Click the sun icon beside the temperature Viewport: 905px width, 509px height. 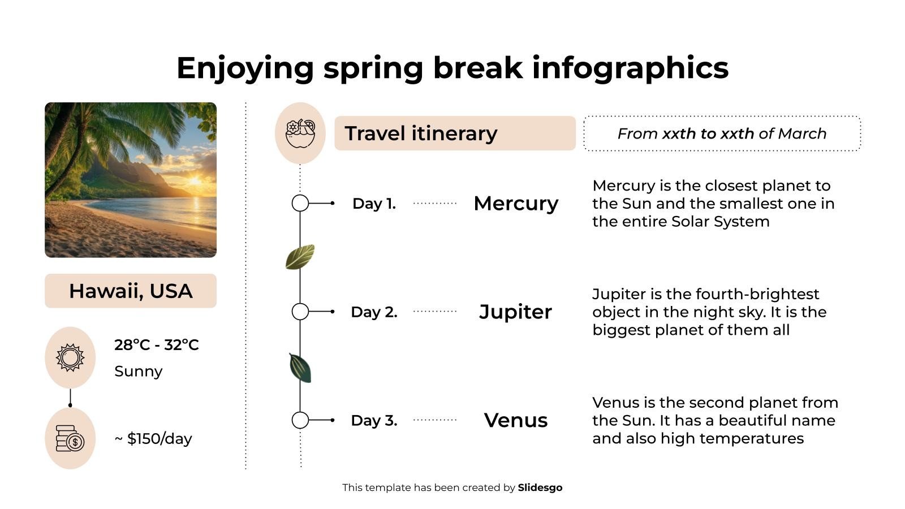click(70, 357)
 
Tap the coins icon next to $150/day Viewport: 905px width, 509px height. click(70, 438)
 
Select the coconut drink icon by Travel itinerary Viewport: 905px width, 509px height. click(300, 133)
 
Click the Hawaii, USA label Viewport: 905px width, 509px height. click(131, 291)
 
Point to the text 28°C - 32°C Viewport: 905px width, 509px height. click(157, 344)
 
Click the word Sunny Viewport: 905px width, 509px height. click(138, 371)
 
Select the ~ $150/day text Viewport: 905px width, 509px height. click(153, 438)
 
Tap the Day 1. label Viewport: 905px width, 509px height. click(374, 203)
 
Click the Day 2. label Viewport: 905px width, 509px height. click(374, 312)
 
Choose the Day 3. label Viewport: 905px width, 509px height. click(374, 420)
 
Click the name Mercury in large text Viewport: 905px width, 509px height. click(516, 203)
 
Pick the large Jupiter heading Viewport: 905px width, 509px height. click(515, 312)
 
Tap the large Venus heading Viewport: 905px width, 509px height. click(516, 420)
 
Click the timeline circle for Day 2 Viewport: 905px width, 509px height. click(300, 312)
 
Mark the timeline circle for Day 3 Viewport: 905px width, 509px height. click(300, 420)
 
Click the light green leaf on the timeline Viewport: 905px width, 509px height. click(300, 257)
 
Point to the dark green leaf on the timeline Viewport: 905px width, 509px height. click(300, 368)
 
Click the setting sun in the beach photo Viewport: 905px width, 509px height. click(195, 181)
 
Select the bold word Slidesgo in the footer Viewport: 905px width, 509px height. click(540, 488)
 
